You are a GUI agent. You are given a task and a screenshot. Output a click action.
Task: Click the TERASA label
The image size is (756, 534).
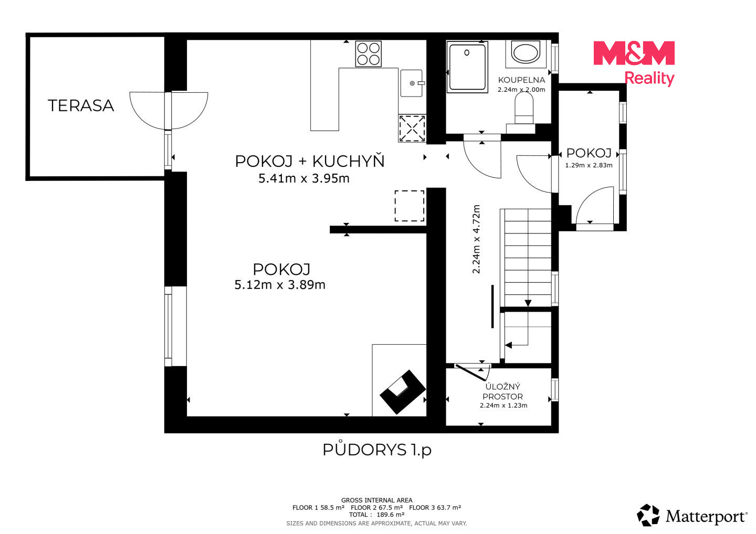(81, 105)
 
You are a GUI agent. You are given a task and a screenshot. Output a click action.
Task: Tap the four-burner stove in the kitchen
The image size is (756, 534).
(368, 54)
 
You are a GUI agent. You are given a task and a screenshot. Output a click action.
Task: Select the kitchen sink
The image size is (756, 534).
(412, 83)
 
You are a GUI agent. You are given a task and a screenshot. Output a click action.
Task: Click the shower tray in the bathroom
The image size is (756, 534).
(467, 67)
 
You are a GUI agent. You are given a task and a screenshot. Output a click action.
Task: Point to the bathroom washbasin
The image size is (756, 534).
(526, 53)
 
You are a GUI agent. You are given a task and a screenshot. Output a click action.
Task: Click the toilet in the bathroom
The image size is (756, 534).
(524, 108)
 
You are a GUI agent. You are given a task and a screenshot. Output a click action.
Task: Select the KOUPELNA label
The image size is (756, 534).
(521, 80)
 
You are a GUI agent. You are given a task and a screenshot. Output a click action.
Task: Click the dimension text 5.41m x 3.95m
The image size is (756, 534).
(304, 178)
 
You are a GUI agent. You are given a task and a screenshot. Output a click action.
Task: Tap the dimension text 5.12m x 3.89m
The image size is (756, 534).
(280, 285)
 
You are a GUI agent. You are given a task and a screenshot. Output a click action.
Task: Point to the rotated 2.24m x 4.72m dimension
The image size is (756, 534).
(476, 239)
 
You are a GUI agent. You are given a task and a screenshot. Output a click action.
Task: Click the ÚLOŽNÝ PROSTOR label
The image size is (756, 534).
(503, 391)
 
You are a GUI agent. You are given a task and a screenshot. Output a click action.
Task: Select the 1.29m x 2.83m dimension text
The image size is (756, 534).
(589, 165)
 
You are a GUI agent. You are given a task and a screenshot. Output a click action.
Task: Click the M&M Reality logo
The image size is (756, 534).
(634, 63)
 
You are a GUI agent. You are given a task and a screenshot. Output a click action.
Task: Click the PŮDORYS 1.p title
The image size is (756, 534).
(377, 450)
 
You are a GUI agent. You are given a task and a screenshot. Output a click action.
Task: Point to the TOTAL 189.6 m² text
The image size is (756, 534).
(376, 515)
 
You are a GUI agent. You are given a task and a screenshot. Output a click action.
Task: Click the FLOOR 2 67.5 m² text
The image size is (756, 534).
(376, 507)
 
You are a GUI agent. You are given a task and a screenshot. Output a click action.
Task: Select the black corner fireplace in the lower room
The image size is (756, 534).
(403, 392)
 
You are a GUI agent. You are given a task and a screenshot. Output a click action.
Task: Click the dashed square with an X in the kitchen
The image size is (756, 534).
(412, 129)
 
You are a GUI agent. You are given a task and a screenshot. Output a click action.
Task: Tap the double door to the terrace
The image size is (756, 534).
(169, 110)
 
